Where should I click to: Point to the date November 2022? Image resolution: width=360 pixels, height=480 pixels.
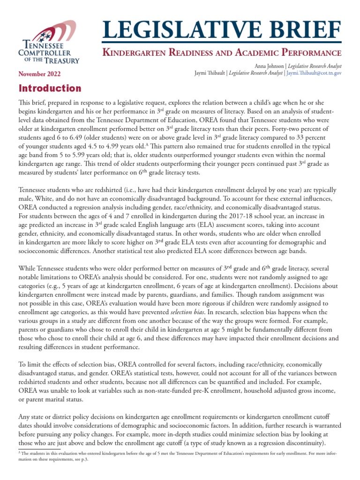click(x=39, y=74)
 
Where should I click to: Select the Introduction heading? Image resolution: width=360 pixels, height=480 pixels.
click(x=50, y=88)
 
